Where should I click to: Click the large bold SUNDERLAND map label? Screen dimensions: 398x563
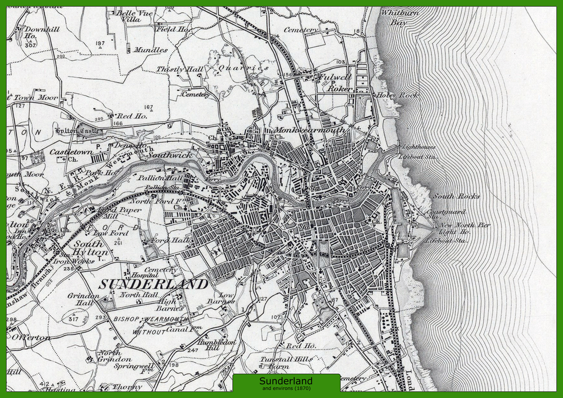[x=153, y=284]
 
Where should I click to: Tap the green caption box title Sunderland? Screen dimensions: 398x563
[x=285, y=381]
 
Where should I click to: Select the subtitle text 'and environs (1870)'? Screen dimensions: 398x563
[x=285, y=389]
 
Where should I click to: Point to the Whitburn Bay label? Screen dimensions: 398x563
[x=400, y=18]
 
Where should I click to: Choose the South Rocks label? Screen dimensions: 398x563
[x=456, y=196]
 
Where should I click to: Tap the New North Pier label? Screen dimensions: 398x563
[x=465, y=225]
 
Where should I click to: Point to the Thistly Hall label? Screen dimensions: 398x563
[x=180, y=69]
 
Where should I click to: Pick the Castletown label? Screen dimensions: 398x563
[x=71, y=151]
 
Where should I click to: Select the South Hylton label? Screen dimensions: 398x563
[x=91, y=248]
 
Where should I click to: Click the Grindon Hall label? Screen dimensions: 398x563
[x=84, y=299]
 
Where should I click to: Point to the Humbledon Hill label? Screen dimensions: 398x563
[x=217, y=345]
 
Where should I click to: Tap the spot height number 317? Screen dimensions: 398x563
[x=74, y=318]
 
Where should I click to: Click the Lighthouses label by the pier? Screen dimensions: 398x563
[x=419, y=147]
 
